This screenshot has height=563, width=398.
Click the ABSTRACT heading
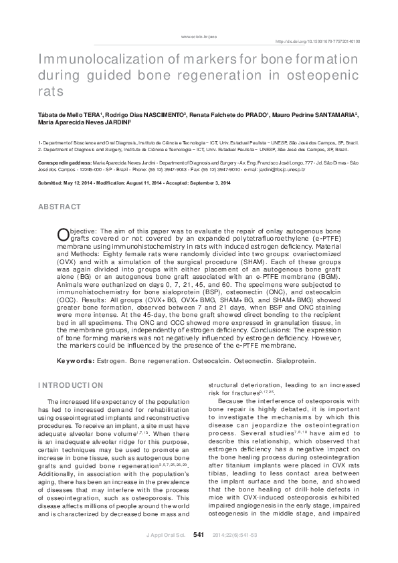click(x=60, y=208)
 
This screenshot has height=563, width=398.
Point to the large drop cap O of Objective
click(x=63, y=233)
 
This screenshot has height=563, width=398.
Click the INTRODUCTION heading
click(x=71, y=386)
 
